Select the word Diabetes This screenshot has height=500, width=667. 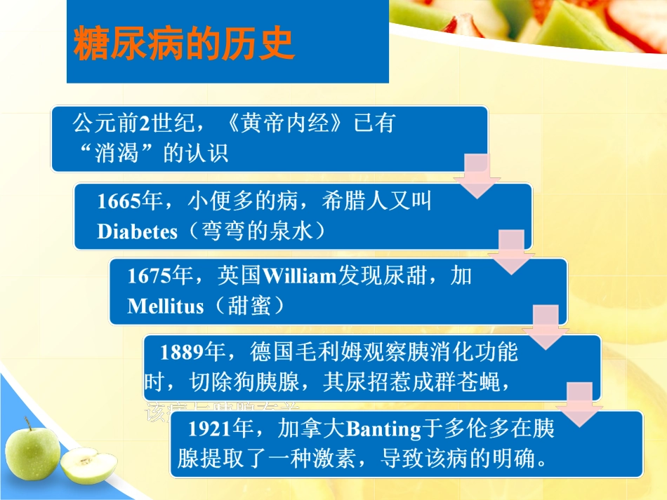pos(137,232)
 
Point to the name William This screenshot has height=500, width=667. pos(298,277)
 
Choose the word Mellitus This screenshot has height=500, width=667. pos(166,306)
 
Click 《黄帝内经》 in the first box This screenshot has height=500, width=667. pos(288,124)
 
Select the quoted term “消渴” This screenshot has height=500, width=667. pos(117,154)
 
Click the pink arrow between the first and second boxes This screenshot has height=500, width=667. pos(477,177)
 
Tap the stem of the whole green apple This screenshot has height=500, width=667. pos(29,423)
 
